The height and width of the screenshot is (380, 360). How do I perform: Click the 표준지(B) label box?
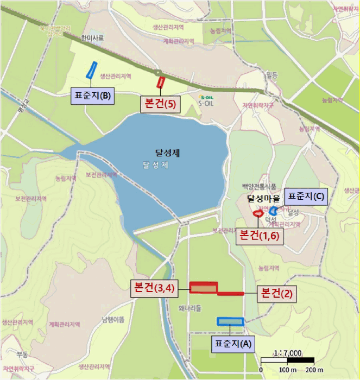91,97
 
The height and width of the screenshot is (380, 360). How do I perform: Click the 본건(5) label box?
160,104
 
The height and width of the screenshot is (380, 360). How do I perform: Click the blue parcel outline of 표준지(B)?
91,70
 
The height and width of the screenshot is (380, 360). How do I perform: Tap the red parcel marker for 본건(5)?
161,83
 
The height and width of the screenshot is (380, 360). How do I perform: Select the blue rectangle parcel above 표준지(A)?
230,321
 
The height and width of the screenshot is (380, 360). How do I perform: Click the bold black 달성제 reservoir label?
167,154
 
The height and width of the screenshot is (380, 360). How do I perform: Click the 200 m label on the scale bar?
310,370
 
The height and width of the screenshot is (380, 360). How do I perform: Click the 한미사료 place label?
92,39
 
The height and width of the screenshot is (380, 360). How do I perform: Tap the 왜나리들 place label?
189,308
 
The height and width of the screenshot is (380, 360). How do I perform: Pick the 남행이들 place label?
113,319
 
